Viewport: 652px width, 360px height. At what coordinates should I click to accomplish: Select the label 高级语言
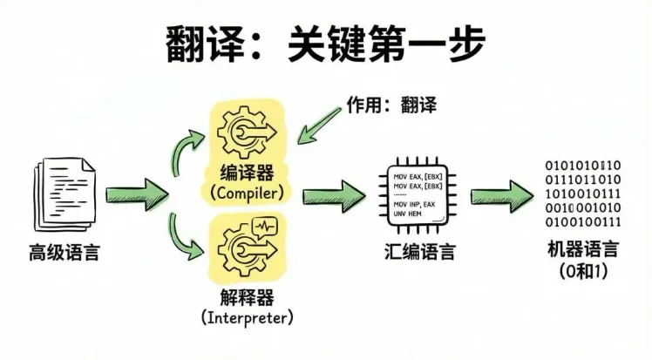(64, 254)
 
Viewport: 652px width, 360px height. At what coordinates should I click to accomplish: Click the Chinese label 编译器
(248, 171)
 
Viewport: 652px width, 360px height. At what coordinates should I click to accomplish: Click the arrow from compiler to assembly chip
(335, 193)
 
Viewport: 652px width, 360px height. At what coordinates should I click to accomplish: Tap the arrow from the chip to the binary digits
(503, 193)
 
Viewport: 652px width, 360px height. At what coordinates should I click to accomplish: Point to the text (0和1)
(582, 271)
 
